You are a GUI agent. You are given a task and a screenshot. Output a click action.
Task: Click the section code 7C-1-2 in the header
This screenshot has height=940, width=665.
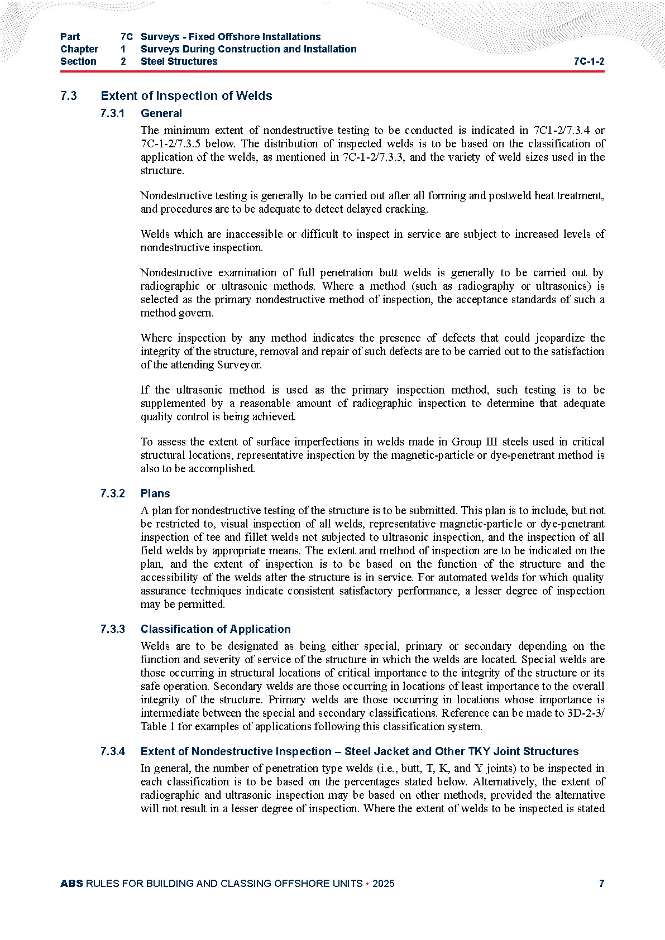pyautogui.click(x=589, y=61)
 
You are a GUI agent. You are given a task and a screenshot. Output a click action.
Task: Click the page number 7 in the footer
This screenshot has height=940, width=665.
pyautogui.click(x=601, y=883)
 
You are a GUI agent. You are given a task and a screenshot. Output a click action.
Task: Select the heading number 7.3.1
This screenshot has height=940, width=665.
pyautogui.click(x=113, y=113)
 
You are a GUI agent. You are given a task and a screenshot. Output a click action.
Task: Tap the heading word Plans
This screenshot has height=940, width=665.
pyautogui.click(x=155, y=493)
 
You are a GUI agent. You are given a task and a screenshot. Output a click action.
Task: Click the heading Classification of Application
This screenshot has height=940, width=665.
pyautogui.click(x=216, y=629)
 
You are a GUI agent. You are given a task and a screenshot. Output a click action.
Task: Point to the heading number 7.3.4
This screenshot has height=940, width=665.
pyautogui.click(x=113, y=751)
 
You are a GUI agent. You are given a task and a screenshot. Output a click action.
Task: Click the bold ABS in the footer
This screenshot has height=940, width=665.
pyautogui.click(x=71, y=883)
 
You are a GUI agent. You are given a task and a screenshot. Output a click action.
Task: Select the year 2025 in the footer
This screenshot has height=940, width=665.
pyautogui.click(x=383, y=883)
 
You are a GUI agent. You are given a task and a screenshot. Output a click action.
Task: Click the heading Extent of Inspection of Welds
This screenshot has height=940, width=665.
pyautogui.click(x=186, y=96)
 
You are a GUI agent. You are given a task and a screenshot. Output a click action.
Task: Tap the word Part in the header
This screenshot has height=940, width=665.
pyautogui.click(x=70, y=37)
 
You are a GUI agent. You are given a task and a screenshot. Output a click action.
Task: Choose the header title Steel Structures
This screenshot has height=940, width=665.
pyautogui.click(x=179, y=61)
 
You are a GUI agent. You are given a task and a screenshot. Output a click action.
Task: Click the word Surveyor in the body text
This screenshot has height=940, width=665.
pyautogui.click(x=239, y=365)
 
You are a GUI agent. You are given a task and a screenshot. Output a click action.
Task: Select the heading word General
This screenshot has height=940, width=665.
pyautogui.click(x=161, y=113)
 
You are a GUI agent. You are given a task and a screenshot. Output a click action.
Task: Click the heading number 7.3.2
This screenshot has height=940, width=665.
pyautogui.click(x=113, y=493)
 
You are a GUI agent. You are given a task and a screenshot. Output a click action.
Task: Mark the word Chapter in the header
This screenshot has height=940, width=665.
pyautogui.click(x=79, y=49)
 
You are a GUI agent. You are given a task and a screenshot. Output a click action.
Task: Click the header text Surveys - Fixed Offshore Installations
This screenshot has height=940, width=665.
pyautogui.click(x=231, y=37)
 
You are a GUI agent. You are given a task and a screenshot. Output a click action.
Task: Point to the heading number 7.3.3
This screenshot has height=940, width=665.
pyautogui.click(x=113, y=629)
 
